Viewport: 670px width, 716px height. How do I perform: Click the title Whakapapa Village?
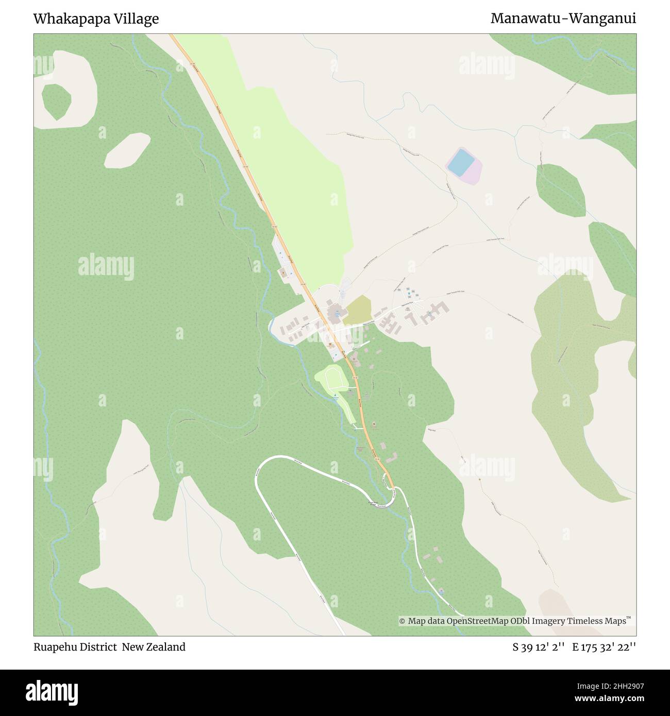pos(96,19)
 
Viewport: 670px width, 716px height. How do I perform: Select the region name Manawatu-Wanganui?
pos(563,19)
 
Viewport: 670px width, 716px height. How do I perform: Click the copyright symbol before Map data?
pos(403,622)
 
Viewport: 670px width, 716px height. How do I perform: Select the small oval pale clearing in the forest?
pos(127,150)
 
